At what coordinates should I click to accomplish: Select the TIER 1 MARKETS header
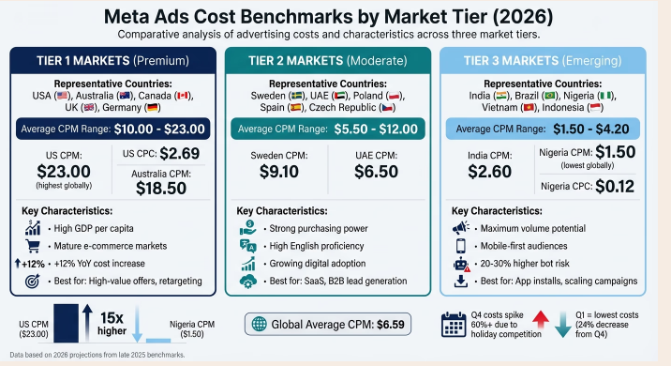(x=112, y=60)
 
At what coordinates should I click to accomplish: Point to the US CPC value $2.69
(x=179, y=152)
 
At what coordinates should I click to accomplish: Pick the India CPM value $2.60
(x=489, y=171)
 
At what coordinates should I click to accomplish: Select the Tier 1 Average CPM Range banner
(x=112, y=128)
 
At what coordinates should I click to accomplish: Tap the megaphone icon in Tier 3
(x=460, y=228)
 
